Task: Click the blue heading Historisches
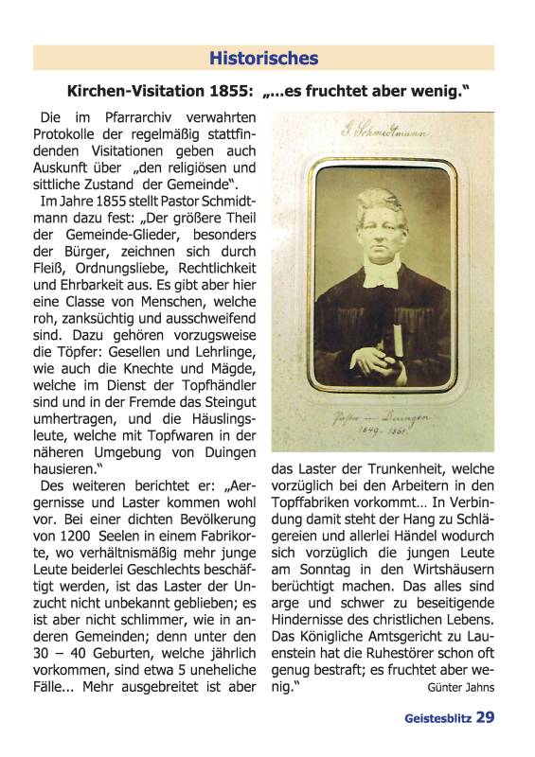click(263, 59)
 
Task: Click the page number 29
click(485, 717)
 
